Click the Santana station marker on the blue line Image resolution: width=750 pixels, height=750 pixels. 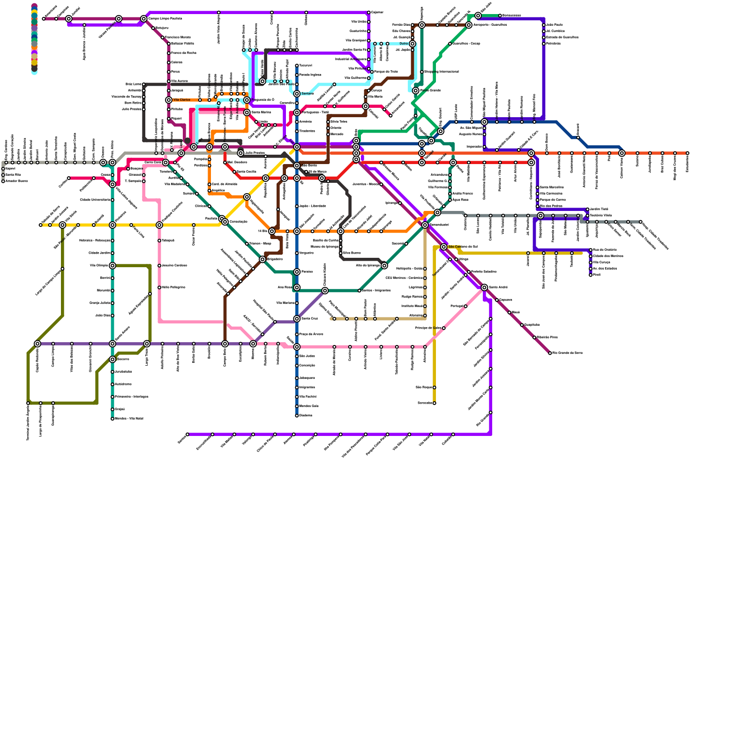point(297,94)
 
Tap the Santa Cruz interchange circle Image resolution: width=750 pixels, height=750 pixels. point(297,319)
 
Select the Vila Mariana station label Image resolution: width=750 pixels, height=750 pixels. point(285,303)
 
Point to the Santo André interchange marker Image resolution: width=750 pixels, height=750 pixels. point(484,287)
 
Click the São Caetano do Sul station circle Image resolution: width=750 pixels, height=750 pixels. point(443,247)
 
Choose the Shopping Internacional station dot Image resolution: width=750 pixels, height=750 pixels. point(422,72)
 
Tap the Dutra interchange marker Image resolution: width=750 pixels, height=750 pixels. point(412,44)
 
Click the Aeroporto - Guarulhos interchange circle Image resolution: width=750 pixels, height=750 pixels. point(469,25)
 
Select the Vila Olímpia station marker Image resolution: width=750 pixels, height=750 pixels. point(112,266)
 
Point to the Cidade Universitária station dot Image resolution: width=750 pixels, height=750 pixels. point(112,200)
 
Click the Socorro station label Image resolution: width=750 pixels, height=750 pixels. point(123,360)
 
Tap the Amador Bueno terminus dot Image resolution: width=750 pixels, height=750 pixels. point(3,181)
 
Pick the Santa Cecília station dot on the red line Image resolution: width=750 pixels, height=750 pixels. point(234,172)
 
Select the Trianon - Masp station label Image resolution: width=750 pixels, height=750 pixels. point(260,244)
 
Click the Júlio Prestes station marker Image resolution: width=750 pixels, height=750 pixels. point(240,153)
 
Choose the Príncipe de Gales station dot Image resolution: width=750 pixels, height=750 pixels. point(443,328)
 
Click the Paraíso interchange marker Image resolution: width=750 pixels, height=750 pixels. point(297,272)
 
